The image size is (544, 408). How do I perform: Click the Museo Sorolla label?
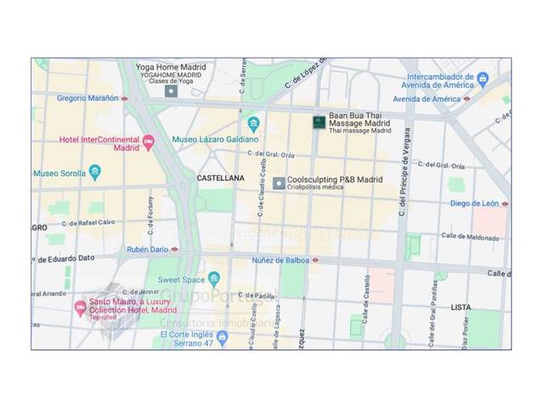[x=59, y=173]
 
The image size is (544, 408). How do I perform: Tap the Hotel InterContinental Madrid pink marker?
[x=149, y=142]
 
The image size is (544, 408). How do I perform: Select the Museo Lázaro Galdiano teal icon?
[x=253, y=123]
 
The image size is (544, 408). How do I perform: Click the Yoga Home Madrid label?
[x=170, y=66]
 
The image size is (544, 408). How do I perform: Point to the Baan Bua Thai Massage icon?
[x=319, y=122]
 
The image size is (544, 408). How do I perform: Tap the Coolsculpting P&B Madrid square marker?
[x=278, y=183]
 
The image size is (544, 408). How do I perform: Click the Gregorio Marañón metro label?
[x=88, y=98]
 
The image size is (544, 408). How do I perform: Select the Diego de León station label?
[x=474, y=203]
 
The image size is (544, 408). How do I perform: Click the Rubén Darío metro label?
[x=148, y=250]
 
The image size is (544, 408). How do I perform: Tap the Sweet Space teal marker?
[x=214, y=278]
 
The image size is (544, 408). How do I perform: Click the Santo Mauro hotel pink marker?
[x=81, y=307]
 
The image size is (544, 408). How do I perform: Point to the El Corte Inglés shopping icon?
[x=223, y=337]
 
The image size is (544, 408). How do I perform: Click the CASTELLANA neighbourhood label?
[x=220, y=178]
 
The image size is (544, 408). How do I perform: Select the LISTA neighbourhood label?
[x=461, y=307]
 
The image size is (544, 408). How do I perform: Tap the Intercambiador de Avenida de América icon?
[x=483, y=79]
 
